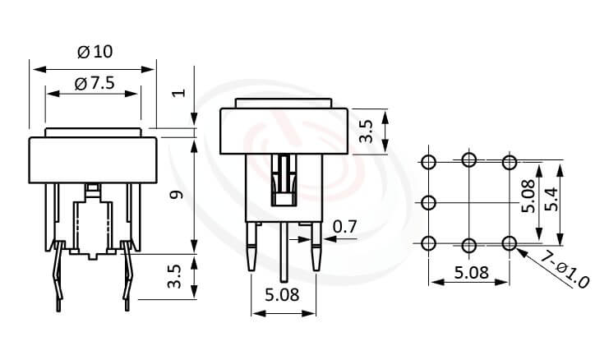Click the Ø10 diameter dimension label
94,52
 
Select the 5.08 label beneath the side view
284,293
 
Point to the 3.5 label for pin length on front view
175,276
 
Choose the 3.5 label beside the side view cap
367,132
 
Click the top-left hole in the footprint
428,161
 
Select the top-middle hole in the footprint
468,160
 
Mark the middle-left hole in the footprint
428,202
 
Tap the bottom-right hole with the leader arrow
509,242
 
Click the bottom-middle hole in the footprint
468,243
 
